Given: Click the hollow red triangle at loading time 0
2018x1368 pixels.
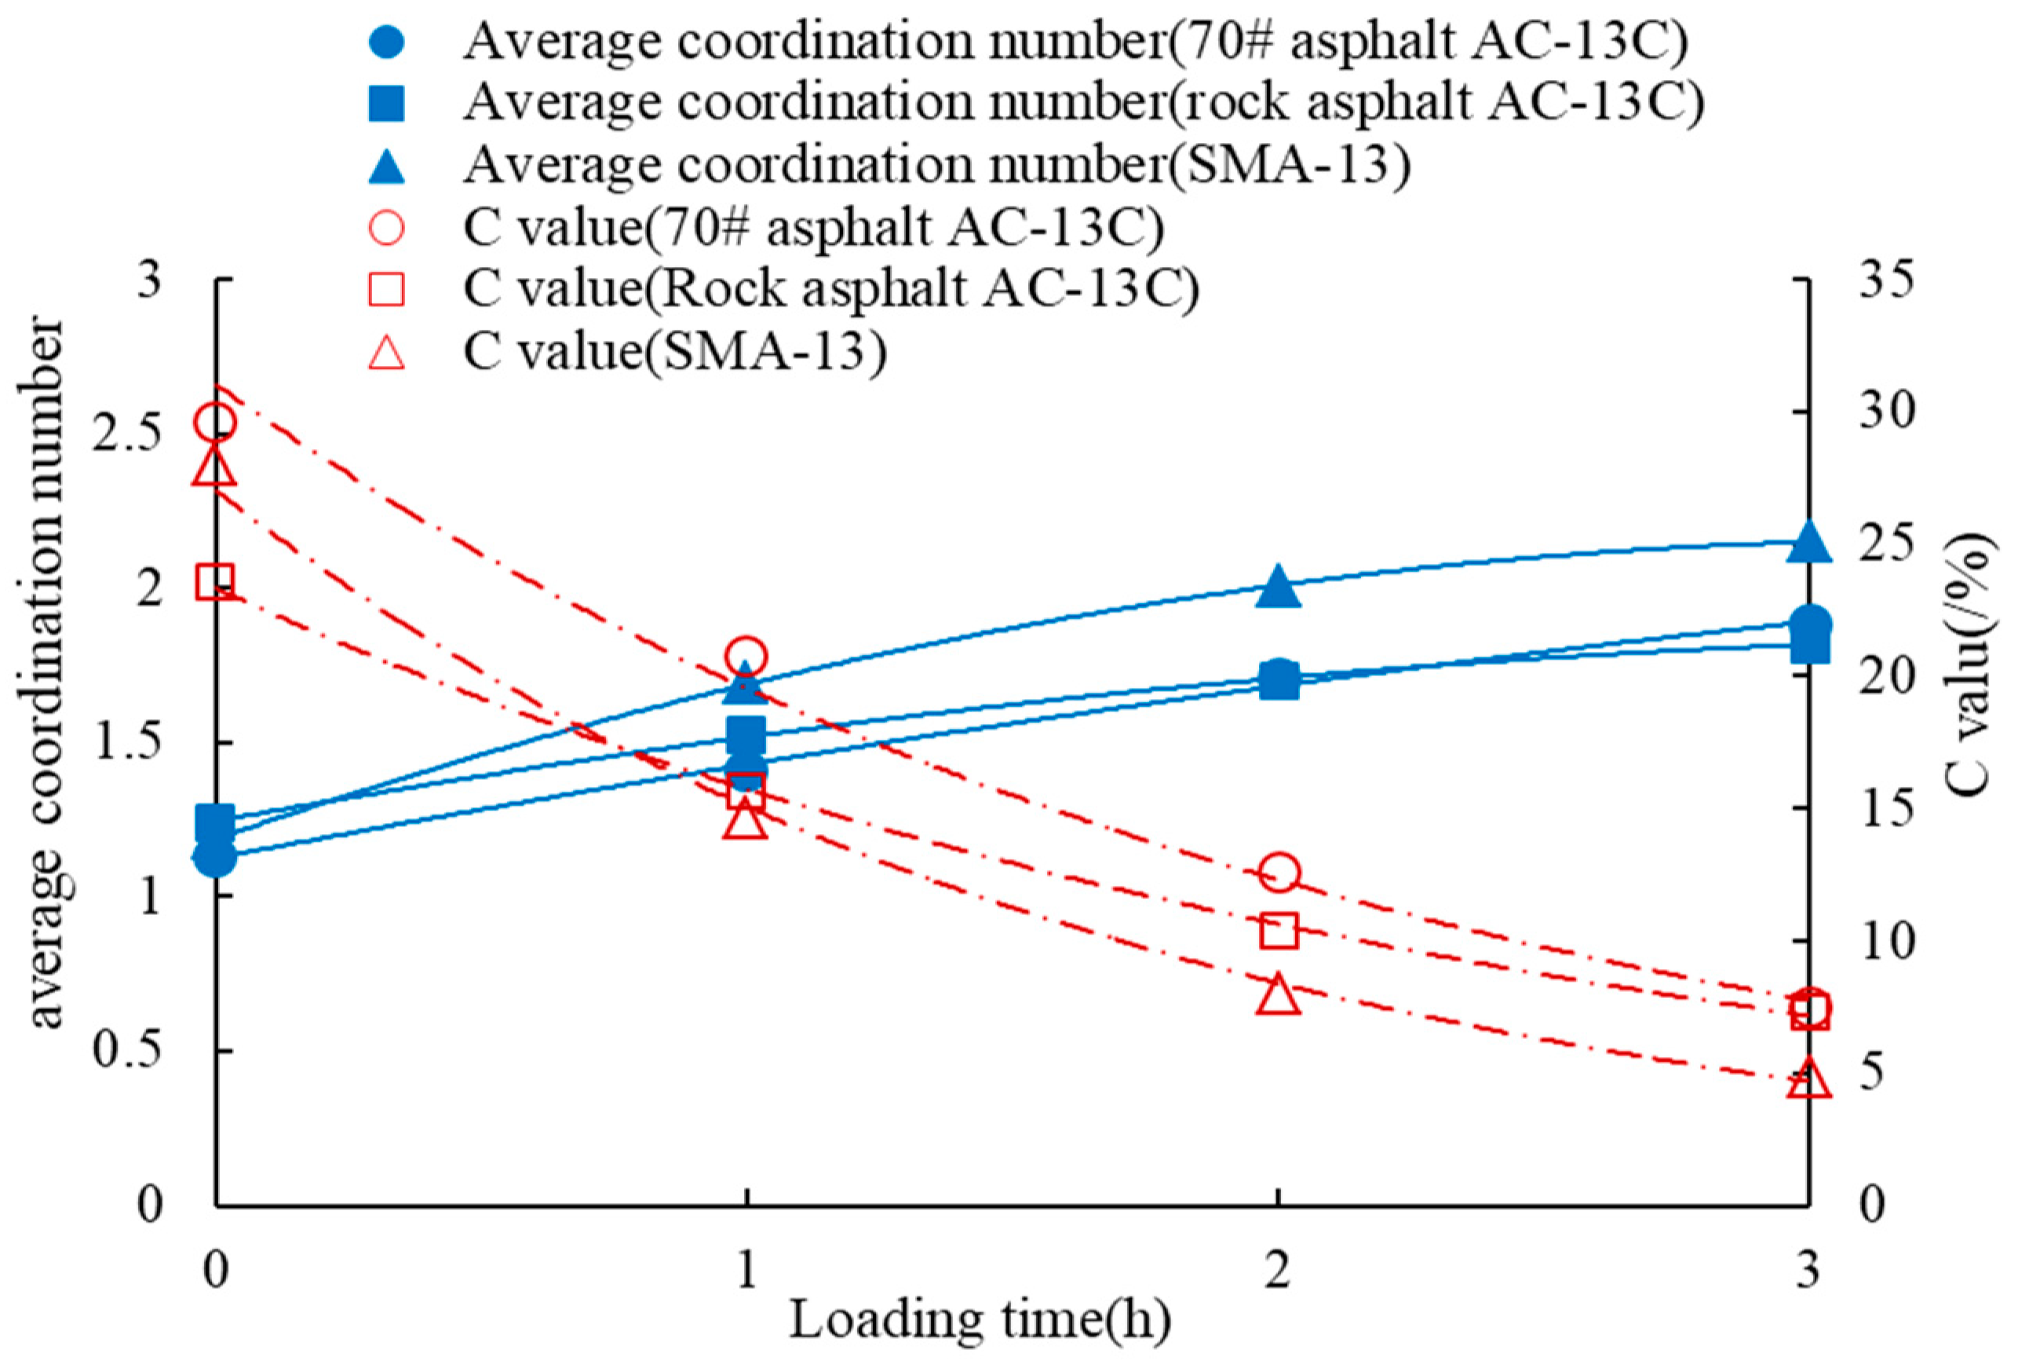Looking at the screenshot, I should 215,467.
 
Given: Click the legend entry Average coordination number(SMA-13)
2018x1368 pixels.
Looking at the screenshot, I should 936,164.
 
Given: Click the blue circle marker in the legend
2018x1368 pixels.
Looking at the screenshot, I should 386,41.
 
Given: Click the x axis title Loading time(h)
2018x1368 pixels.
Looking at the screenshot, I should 980,1320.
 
